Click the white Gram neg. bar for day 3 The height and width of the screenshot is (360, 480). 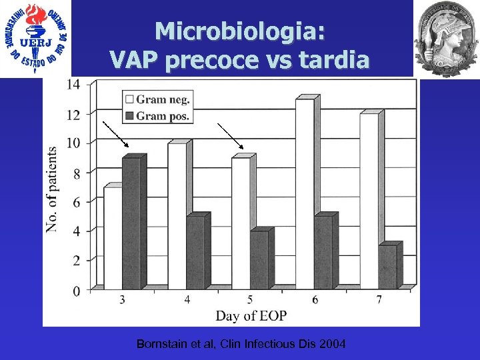click(113, 237)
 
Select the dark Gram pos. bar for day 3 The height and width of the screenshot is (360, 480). click(131, 223)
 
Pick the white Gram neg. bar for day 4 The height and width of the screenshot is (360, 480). click(177, 215)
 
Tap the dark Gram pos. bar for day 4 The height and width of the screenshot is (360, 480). click(195, 252)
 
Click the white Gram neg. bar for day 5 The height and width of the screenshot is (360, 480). click(241, 223)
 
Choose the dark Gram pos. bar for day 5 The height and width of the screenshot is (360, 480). click(259, 259)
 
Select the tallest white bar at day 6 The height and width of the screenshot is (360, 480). click(305, 193)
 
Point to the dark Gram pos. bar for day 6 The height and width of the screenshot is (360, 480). click(323, 252)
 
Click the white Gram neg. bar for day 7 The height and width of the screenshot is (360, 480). click(369, 201)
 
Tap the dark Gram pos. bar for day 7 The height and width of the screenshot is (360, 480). click(387, 267)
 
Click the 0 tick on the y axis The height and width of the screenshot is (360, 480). click(77, 291)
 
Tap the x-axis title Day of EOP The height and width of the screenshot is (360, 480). click(251, 315)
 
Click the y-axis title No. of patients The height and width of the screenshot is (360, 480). click(52, 190)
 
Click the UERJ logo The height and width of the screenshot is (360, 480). click(37, 39)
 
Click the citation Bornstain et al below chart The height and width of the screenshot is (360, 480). click(241, 344)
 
